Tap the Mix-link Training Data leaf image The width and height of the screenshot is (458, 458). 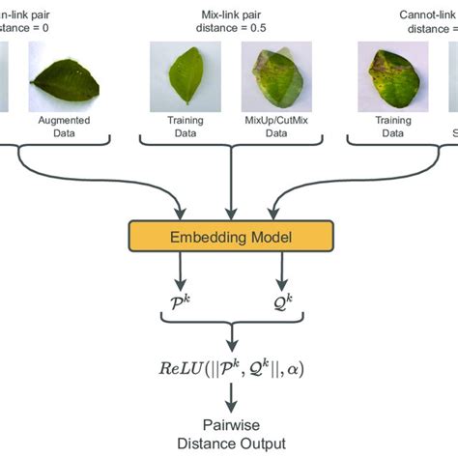[x=185, y=78]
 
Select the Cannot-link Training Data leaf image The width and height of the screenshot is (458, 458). [x=391, y=78]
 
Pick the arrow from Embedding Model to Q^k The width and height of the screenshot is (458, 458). [x=281, y=276]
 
